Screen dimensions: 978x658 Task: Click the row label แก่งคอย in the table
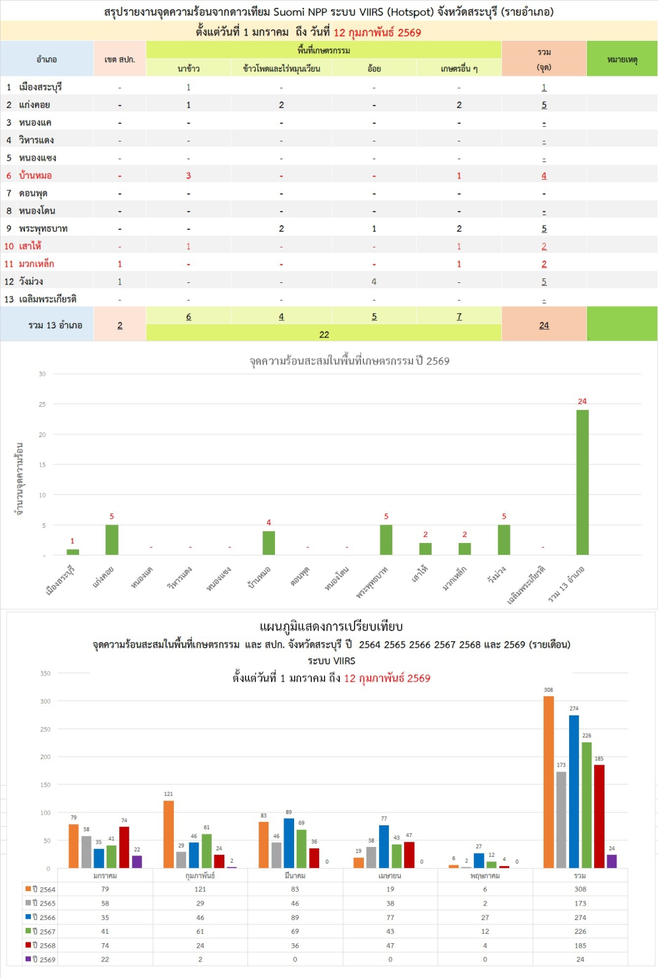(34, 105)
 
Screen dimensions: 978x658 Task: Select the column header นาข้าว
(188, 68)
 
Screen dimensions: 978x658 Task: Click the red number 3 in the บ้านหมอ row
(188, 176)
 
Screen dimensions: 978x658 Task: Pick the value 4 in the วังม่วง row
(374, 282)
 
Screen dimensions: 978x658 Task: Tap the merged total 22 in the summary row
(324, 334)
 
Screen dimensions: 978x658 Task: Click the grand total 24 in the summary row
(544, 325)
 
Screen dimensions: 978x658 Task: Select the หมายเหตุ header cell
(622, 59)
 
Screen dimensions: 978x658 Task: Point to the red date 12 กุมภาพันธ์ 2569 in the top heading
(377, 32)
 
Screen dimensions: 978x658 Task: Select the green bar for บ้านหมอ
(268, 543)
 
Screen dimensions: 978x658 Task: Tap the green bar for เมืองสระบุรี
(72, 552)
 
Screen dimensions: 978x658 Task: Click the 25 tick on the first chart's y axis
(42, 404)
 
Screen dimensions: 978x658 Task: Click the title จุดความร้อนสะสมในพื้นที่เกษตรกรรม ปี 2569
(349, 361)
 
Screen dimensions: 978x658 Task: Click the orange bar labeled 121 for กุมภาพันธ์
(168, 834)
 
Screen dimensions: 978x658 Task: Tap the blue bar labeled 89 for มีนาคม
(289, 843)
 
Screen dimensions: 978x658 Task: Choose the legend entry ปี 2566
(40, 917)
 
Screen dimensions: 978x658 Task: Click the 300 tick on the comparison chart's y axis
(45, 701)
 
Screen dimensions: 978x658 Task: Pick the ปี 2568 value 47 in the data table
(390, 946)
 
